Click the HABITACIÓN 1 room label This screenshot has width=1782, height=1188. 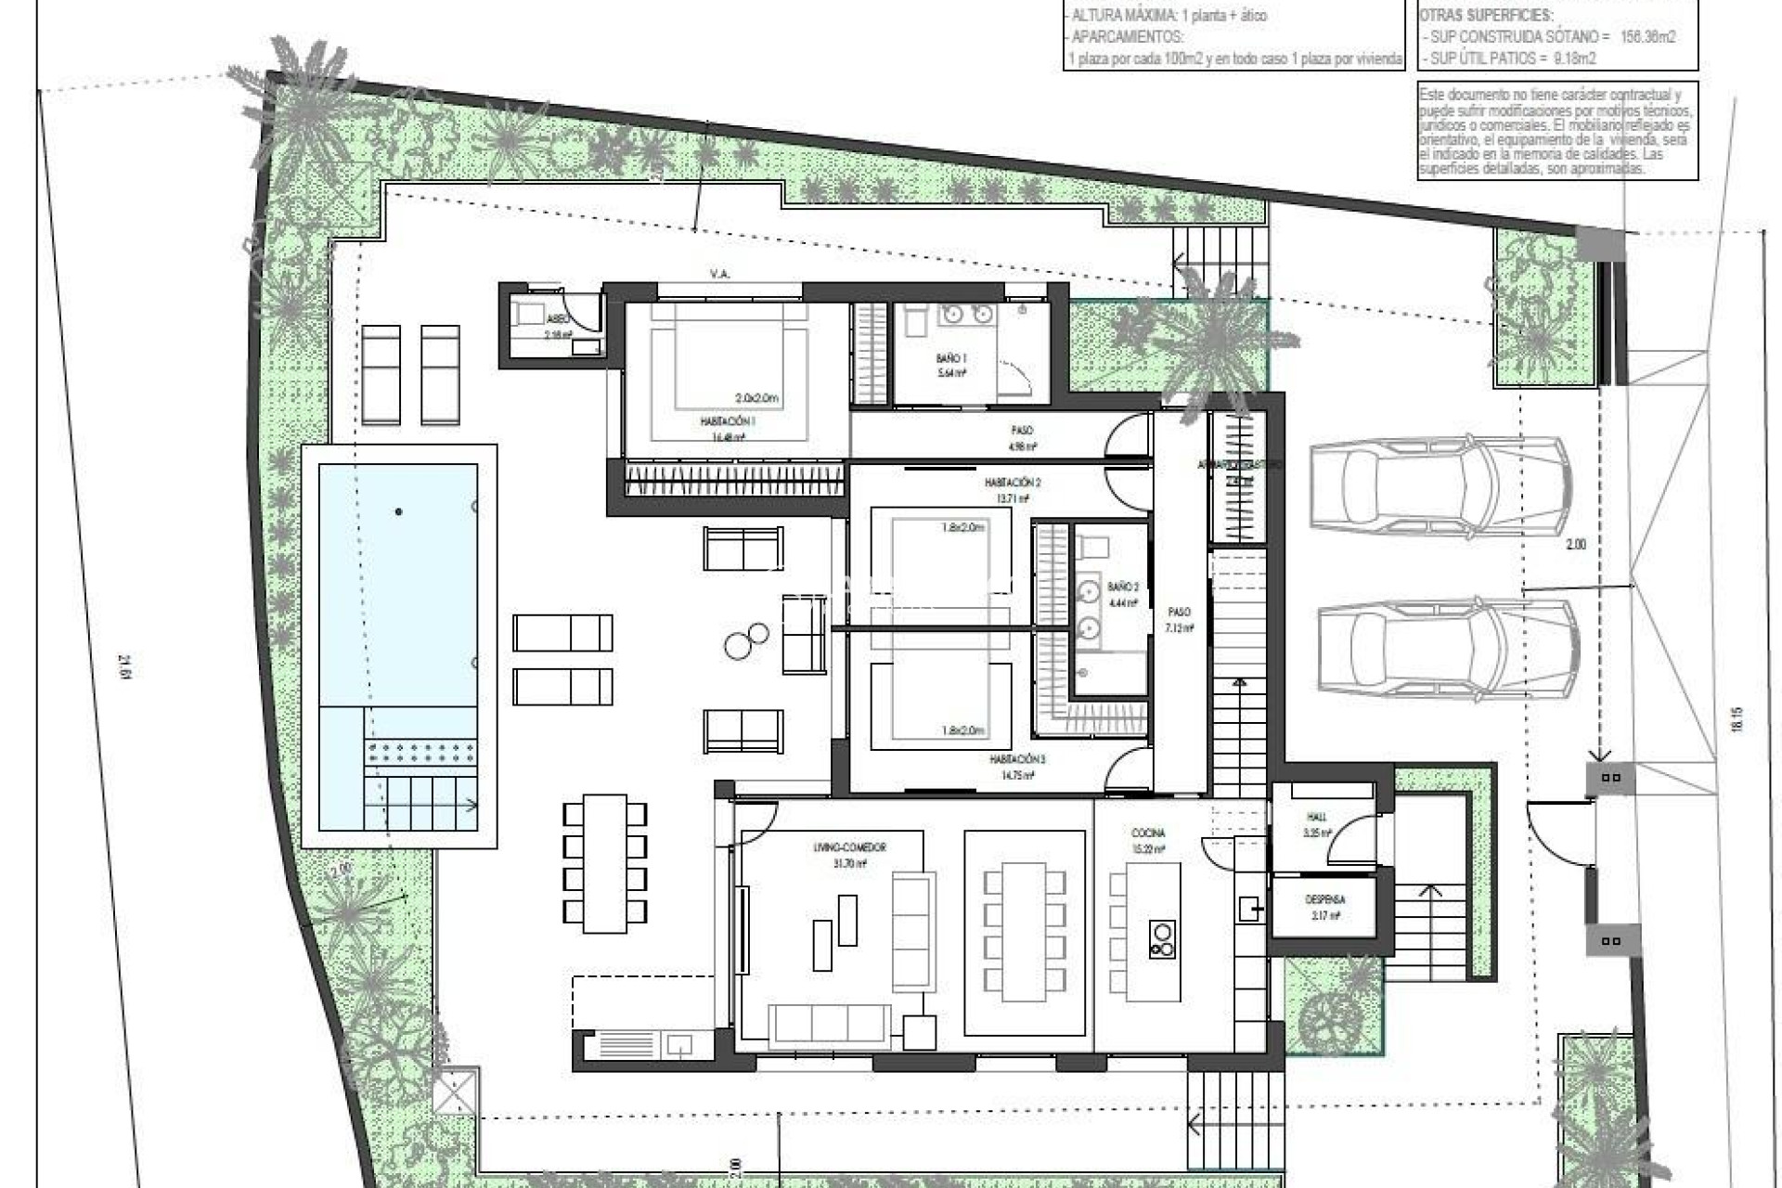point(728,420)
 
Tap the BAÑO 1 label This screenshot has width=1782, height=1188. point(951,357)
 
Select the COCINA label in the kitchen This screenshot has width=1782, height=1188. point(1148,833)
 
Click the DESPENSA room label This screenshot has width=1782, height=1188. point(1324,899)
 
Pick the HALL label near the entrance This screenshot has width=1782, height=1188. point(1316,817)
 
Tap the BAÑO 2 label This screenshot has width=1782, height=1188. point(1123,587)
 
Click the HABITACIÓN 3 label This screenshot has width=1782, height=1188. point(1017,759)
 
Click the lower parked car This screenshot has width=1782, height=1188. point(1448,650)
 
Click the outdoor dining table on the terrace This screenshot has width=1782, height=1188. point(603,863)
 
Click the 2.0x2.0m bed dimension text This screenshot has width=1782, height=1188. point(756,398)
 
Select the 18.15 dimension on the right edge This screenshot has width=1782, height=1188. point(1737,720)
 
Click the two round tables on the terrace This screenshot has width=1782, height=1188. point(747,639)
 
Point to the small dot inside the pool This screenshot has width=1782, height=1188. point(398,511)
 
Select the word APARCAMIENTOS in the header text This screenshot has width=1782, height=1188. point(1128,38)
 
